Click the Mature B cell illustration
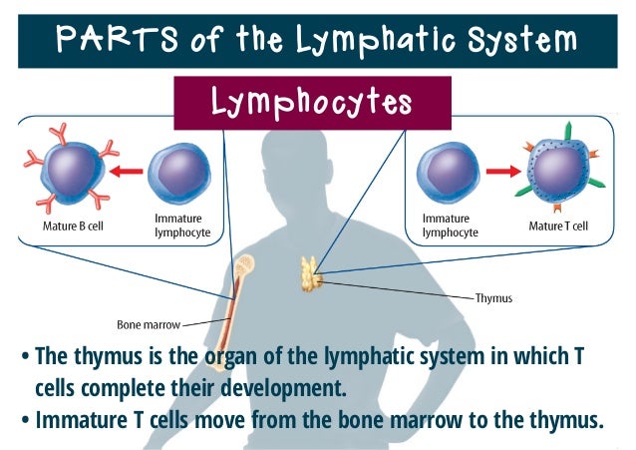[72, 173]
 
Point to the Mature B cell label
[73, 225]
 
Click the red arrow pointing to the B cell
[128, 171]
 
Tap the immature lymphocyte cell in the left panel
[179, 173]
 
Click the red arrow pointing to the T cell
[503, 171]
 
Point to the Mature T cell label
[558, 226]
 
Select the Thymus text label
[492, 297]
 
